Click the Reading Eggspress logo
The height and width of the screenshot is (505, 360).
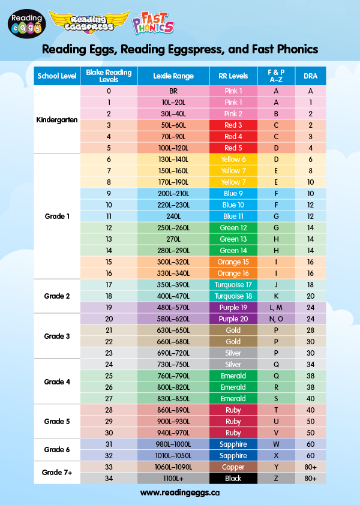coord(89,22)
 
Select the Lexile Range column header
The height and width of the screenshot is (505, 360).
coord(173,76)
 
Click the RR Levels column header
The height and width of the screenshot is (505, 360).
coord(233,76)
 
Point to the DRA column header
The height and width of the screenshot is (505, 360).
coord(311,76)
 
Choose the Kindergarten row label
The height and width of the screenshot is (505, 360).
coord(57,119)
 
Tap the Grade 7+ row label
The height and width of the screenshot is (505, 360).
coord(57,472)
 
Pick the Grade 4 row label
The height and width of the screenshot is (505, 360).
coord(57,381)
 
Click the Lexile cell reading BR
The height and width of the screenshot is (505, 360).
coord(173,91)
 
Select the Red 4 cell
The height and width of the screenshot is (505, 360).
coord(233,137)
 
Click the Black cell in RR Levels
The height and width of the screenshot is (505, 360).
coord(233,478)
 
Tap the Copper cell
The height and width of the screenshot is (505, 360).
coord(233,467)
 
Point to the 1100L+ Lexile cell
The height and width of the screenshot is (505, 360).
coord(173,478)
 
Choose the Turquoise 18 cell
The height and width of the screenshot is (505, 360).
coord(233,296)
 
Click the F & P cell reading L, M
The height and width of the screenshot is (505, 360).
coord(276,308)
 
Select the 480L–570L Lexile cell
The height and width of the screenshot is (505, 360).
coord(173,308)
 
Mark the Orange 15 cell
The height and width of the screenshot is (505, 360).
coord(233,262)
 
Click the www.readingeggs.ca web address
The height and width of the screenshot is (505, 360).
coord(180,492)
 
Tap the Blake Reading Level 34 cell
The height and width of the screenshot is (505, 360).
coord(109,478)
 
